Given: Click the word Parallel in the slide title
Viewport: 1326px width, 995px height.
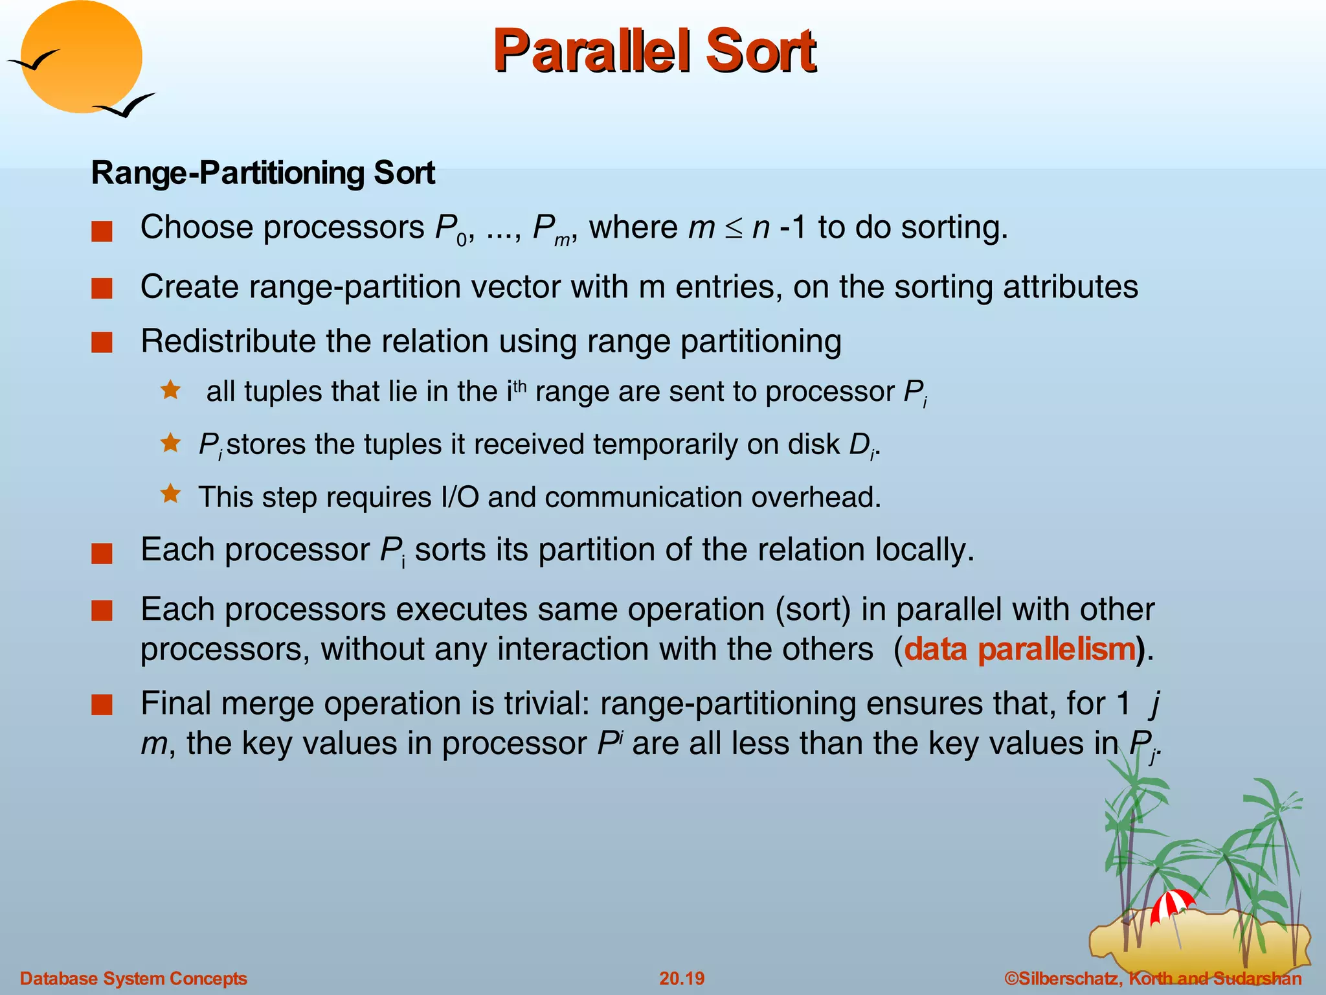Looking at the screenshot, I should (x=592, y=52).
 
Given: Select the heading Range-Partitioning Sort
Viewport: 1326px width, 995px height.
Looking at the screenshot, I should (x=262, y=173).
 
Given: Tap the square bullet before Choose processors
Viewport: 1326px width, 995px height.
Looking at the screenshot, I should (x=102, y=231).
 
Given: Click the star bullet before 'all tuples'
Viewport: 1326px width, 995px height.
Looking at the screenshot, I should (x=171, y=390).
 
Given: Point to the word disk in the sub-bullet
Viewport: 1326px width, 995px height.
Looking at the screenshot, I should (x=813, y=444).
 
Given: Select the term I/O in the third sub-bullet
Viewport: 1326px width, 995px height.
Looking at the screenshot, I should (x=460, y=497).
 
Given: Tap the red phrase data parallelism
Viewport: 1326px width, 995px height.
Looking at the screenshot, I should (x=1020, y=649).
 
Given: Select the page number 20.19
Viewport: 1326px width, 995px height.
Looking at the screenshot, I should (x=681, y=978).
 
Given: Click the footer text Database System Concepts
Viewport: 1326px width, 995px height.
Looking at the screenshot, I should (x=133, y=978).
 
